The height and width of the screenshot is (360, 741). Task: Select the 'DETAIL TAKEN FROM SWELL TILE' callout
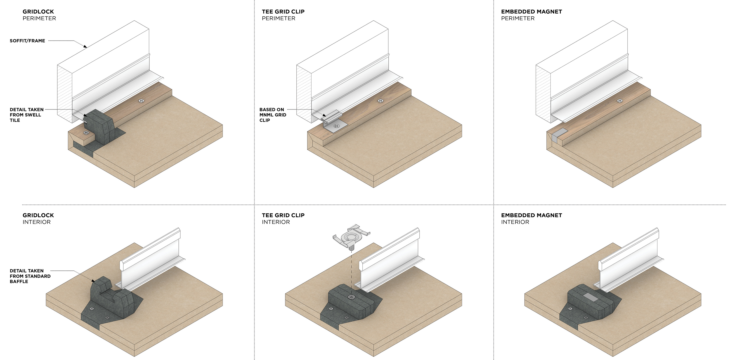[x=26, y=115]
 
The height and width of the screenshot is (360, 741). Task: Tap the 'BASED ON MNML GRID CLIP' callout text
[x=272, y=115]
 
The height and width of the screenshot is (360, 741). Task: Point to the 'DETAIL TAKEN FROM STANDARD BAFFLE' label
[x=30, y=276]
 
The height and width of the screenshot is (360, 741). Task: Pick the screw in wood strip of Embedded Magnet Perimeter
[x=620, y=101]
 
